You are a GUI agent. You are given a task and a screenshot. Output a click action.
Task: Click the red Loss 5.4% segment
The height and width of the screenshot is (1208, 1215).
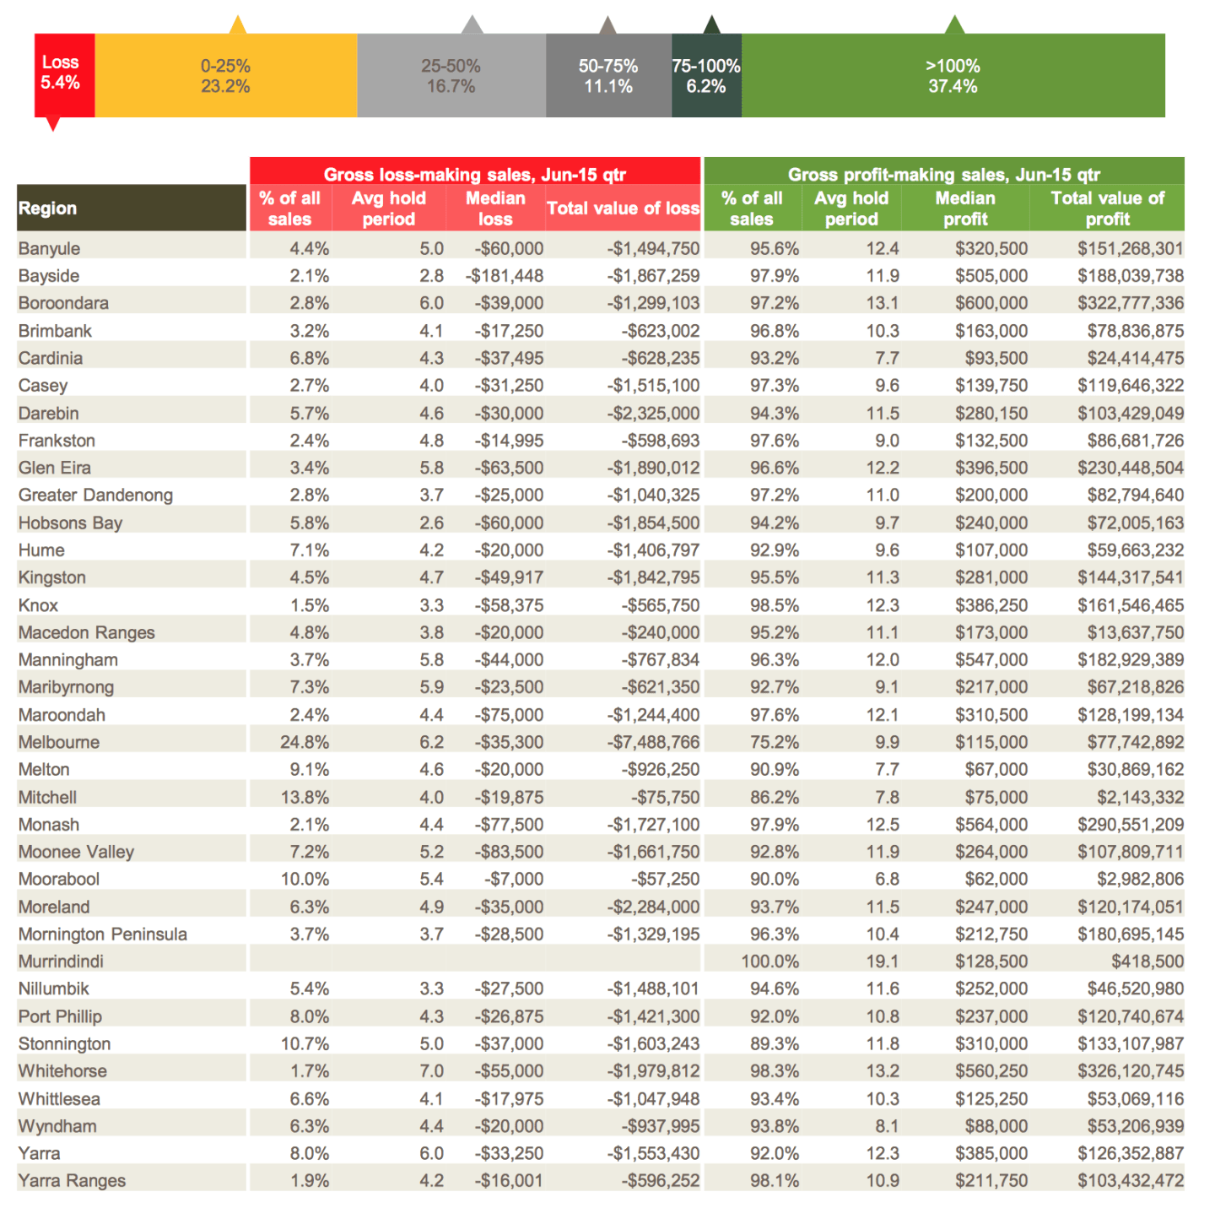[64, 75]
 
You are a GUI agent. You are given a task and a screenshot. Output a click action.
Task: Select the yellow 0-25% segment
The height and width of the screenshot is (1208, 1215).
[226, 75]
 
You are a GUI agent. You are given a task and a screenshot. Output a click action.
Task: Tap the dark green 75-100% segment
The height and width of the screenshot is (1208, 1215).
[706, 75]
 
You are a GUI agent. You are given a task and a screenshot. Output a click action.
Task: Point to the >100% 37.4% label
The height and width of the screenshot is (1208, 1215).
[953, 76]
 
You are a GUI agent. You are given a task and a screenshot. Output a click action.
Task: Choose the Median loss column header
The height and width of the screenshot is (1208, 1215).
[495, 209]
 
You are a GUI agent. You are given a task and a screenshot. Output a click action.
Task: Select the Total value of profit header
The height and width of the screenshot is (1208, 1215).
[1107, 209]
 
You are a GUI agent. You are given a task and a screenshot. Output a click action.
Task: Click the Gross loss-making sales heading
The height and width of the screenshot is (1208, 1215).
[475, 174]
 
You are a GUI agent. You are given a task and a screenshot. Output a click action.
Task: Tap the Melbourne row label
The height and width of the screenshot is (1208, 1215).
[58, 742]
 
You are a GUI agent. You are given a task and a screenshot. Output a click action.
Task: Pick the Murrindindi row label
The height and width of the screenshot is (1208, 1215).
[61, 962]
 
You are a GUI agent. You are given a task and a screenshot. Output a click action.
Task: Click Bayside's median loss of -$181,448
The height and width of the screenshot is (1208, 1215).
[505, 276]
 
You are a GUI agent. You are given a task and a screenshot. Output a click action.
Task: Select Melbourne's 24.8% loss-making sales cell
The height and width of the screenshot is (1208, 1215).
[305, 742]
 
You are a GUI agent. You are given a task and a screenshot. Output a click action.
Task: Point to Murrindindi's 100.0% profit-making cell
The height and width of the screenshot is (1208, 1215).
[769, 962]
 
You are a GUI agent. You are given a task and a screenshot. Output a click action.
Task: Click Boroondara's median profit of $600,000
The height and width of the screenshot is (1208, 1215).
[991, 303]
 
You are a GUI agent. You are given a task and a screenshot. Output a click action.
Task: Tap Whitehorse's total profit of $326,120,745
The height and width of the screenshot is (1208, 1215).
[1131, 1071]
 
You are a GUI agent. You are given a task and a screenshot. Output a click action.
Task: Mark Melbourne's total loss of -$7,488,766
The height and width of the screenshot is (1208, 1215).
[653, 742]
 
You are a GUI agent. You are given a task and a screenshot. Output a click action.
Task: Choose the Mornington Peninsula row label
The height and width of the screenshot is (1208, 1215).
[103, 934]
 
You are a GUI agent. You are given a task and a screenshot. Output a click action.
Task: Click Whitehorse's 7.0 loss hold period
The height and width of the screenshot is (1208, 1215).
[432, 1071]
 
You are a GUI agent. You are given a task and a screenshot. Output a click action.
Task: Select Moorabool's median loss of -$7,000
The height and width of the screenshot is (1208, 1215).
[514, 879]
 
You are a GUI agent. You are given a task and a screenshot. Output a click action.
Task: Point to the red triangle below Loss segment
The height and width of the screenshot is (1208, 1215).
[54, 124]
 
